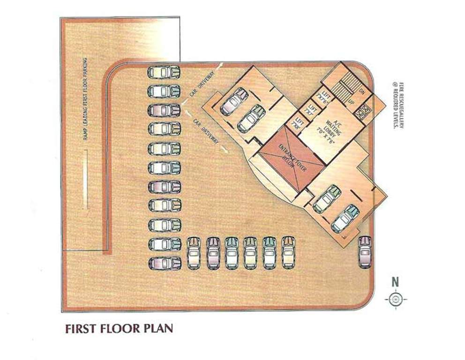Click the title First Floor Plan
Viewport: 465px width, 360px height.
119,328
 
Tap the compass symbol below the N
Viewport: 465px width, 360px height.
396,299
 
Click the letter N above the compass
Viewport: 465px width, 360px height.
396,282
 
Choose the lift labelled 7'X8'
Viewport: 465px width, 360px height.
297,124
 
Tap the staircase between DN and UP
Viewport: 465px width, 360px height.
346,86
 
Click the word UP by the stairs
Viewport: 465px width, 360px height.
351,101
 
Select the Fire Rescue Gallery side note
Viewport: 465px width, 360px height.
398,106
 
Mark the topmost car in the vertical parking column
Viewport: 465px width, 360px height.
164,72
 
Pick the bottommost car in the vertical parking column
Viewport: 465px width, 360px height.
165,263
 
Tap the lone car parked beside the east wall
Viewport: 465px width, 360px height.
365,251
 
